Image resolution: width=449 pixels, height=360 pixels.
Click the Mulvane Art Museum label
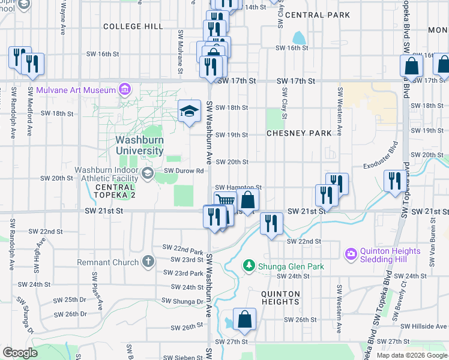(x=76, y=90)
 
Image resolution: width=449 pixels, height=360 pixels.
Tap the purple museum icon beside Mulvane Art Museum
(x=125, y=90)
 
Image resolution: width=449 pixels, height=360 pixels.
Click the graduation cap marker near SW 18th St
(x=190, y=111)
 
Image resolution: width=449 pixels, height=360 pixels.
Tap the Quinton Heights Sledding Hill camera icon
(x=351, y=254)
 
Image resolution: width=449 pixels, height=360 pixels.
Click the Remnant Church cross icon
(x=148, y=262)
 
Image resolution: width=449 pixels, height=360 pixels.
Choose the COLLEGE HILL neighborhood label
(x=133, y=26)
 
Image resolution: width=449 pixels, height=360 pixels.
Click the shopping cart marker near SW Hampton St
(x=224, y=201)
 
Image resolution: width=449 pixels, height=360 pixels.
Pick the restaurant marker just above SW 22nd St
(x=271, y=224)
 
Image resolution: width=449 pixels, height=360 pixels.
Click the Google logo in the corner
(x=20, y=353)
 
